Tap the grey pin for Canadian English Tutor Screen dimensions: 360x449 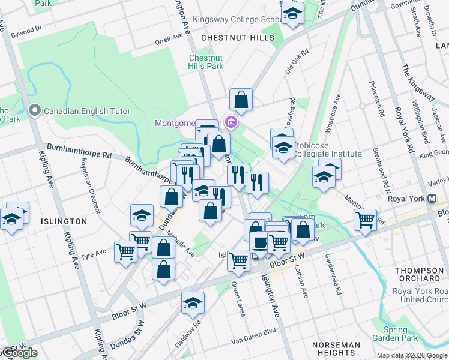(34, 110)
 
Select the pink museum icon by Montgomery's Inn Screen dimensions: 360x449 (231, 122)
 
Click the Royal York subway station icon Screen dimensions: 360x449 (430, 199)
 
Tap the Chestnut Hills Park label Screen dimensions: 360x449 (206, 62)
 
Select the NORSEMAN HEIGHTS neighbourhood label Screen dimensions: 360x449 (336, 349)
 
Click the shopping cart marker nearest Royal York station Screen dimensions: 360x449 (365, 220)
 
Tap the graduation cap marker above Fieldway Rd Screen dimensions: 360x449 (193, 303)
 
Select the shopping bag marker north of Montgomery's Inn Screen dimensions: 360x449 (241, 100)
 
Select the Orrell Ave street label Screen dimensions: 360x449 (168, 39)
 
